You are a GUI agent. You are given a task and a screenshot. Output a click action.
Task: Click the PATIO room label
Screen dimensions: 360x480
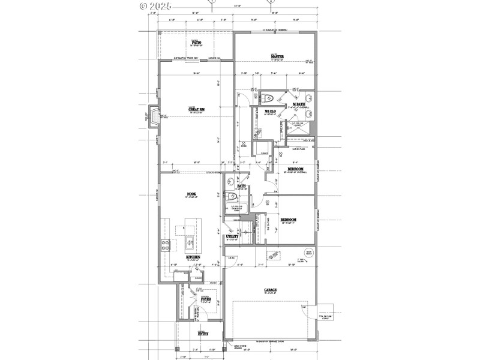click(196, 43)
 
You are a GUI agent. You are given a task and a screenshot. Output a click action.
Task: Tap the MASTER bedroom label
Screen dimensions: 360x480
click(277, 57)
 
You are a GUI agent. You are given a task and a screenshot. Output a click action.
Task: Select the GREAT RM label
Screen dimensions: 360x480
click(197, 109)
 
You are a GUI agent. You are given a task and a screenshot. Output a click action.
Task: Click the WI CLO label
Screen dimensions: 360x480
click(270, 112)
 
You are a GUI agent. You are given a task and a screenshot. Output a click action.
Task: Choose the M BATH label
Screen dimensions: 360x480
click(299, 105)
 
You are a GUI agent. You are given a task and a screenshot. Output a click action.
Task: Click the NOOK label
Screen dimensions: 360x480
click(192, 194)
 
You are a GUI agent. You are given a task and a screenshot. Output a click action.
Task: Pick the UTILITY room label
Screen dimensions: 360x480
click(233, 236)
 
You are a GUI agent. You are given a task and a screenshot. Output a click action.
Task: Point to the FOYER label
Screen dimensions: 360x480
click(206, 298)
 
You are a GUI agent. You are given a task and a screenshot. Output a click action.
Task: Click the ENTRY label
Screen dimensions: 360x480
click(203, 333)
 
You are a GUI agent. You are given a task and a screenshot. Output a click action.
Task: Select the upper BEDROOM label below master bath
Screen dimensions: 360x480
click(295, 169)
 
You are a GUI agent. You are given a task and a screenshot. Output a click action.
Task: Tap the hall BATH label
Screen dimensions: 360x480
click(241, 186)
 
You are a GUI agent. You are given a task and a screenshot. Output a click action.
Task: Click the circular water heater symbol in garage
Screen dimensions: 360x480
click(309, 253)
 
